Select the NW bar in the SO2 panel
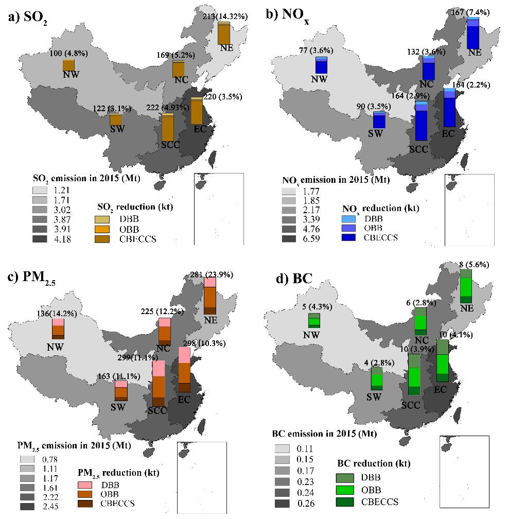coord(68,65)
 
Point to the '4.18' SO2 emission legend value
coord(45,239)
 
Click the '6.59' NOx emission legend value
coord(296,239)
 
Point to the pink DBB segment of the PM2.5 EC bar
coord(184,355)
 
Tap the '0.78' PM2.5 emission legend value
coord(45,459)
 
